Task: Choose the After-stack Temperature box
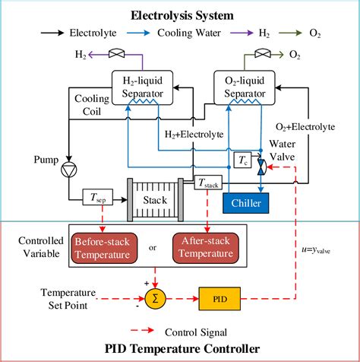click(x=205, y=247)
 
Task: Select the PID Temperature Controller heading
click(x=179, y=349)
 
